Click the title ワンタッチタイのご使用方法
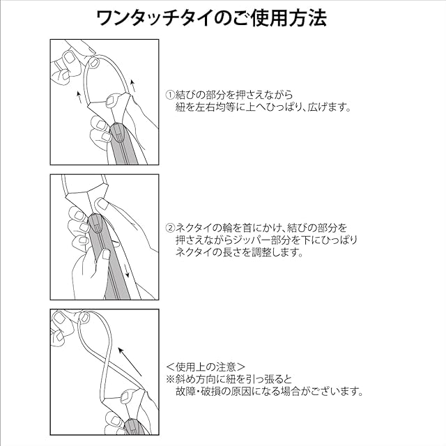211,19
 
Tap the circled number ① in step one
170,95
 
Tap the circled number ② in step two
170,228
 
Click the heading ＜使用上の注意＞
205,367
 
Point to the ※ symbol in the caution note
170,379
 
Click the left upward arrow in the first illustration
79,97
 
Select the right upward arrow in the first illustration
132,86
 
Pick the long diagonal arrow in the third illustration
130,361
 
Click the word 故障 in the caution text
185,392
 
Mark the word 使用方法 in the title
289,19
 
